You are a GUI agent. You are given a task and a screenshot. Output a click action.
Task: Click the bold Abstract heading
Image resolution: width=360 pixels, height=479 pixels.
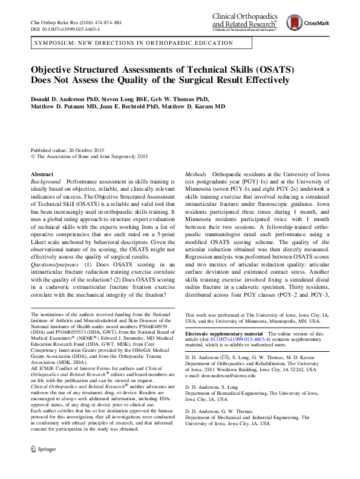point(42,174)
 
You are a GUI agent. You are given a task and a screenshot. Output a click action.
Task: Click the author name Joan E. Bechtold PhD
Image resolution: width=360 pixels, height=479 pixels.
point(138,107)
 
